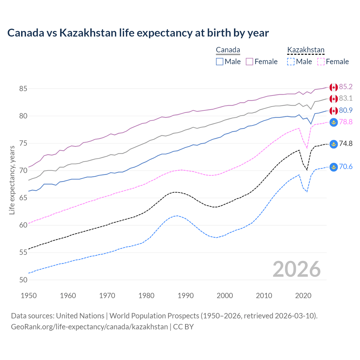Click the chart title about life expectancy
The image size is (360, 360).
(138, 33)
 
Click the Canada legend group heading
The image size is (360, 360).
(228, 50)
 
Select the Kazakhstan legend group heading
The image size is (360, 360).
(306, 50)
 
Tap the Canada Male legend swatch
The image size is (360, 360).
(220, 62)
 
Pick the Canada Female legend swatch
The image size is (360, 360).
(249, 62)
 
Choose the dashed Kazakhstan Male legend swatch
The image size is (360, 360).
(291, 62)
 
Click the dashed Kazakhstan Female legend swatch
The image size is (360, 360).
(321, 62)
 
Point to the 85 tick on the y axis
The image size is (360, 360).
(23, 89)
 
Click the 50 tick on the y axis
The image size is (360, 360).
(23, 280)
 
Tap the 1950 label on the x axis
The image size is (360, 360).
(29, 296)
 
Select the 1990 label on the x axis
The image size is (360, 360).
(186, 296)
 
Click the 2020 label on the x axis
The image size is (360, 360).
(303, 296)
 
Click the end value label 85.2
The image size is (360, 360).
(346, 87)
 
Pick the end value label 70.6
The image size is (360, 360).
(346, 167)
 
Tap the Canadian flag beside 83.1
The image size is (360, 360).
(334, 99)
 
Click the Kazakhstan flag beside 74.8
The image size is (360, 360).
(334, 144)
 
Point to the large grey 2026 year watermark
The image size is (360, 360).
(297, 269)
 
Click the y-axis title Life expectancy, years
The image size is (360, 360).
(12, 180)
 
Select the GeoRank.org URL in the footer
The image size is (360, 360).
(89, 327)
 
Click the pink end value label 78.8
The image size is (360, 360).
(346, 122)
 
